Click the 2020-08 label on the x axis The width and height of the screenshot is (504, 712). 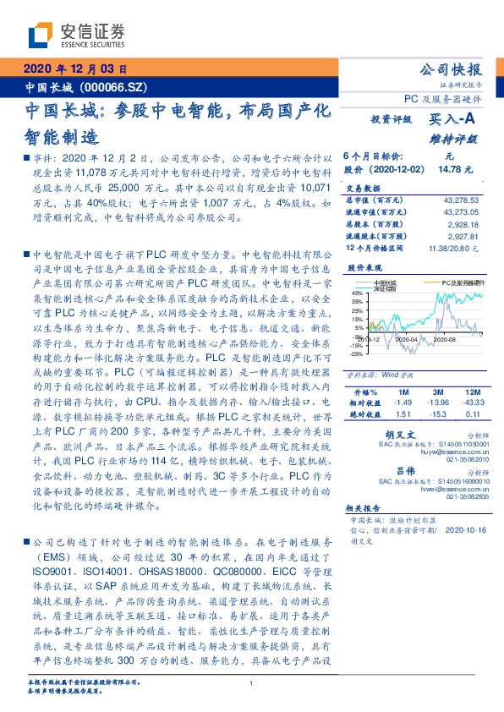tap(445, 339)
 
